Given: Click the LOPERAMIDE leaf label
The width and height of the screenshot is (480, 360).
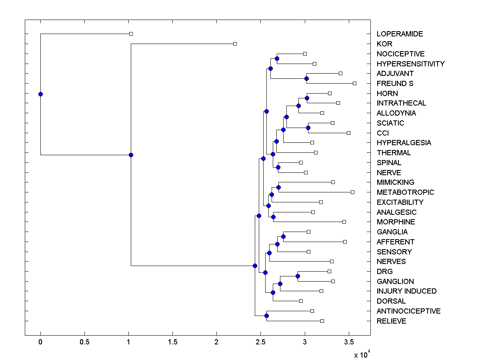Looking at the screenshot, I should point(400,34).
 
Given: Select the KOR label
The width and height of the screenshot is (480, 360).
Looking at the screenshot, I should point(384,44).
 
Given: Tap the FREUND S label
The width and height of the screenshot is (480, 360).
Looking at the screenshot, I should point(395,84).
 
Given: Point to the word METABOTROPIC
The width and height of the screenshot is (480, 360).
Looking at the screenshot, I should point(405,192).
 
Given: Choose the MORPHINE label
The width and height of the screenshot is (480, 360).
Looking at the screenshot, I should point(396,222).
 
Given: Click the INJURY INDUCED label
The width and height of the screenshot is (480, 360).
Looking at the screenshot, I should point(406,291).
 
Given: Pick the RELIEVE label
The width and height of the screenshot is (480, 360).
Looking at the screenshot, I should point(391,321).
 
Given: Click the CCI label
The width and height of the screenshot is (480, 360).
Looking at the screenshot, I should point(382,133).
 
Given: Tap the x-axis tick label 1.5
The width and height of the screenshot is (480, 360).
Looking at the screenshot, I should point(172,342).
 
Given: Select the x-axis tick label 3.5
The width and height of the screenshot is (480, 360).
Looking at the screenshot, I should point(349,342).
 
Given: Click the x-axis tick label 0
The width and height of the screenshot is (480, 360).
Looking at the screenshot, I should point(40,342).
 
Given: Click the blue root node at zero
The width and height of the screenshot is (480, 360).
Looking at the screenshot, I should point(40,94).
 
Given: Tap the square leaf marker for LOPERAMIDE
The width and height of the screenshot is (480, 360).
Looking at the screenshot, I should point(131,34).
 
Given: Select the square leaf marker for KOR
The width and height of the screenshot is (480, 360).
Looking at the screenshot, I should point(235,44).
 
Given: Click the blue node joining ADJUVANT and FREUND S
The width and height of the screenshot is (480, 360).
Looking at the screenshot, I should point(306,78).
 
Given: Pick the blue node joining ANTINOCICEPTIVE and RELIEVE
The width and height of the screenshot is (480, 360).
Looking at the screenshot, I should point(266,316).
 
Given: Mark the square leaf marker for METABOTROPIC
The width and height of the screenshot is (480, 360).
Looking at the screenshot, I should point(352,192).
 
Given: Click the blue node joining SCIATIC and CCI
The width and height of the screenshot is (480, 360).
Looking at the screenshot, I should point(308,128).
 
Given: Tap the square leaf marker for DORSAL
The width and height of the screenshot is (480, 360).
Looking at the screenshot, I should point(301,301).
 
